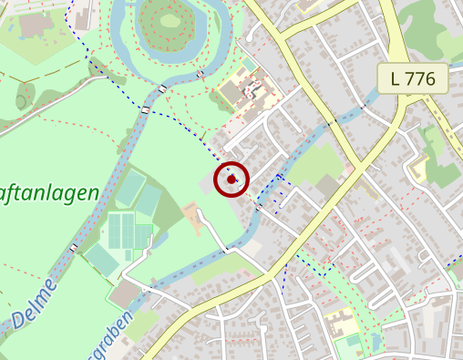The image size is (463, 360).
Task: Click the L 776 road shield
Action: tap(413, 78)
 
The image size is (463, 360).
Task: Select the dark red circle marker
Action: tap(232, 179)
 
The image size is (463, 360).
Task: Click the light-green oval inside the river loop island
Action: tap(170, 18)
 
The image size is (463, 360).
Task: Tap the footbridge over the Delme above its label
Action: tap(74, 247)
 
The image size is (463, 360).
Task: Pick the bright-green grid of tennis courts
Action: tap(128, 230)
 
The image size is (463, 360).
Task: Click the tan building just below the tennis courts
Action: tap(126, 293)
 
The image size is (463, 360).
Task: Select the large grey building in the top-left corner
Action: tap(36, 25)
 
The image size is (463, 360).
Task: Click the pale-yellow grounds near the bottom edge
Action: tap(340, 323)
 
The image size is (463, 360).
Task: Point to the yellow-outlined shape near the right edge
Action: tap(418, 167)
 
